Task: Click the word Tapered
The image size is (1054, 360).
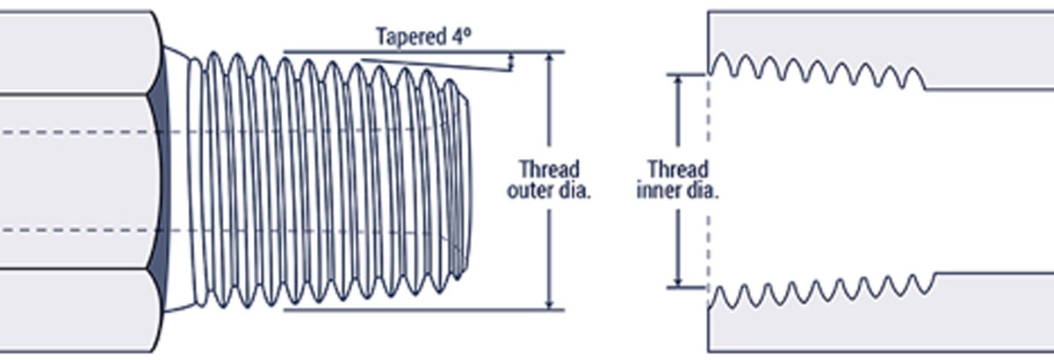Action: [411, 37]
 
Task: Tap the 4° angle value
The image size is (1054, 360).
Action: [462, 36]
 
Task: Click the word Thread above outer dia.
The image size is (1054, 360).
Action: [549, 169]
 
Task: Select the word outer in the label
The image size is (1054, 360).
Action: [530, 191]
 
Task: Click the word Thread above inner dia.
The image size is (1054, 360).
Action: [677, 169]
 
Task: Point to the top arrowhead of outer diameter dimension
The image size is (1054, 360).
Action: [549, 58]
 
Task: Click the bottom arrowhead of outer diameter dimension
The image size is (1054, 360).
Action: [549, 304]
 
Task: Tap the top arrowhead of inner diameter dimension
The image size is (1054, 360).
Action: [677, 82]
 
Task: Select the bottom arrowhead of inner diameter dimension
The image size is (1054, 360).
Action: [677, 280]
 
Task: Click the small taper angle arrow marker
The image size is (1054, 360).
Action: [511, 61]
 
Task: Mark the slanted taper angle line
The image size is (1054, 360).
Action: [437, 65]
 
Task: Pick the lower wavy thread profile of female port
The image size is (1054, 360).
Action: [821, 291]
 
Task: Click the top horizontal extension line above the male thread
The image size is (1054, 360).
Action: [423, 52]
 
